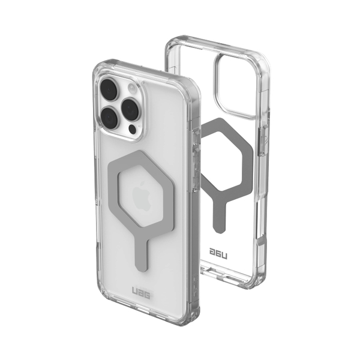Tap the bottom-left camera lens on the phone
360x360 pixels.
[110, 117]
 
